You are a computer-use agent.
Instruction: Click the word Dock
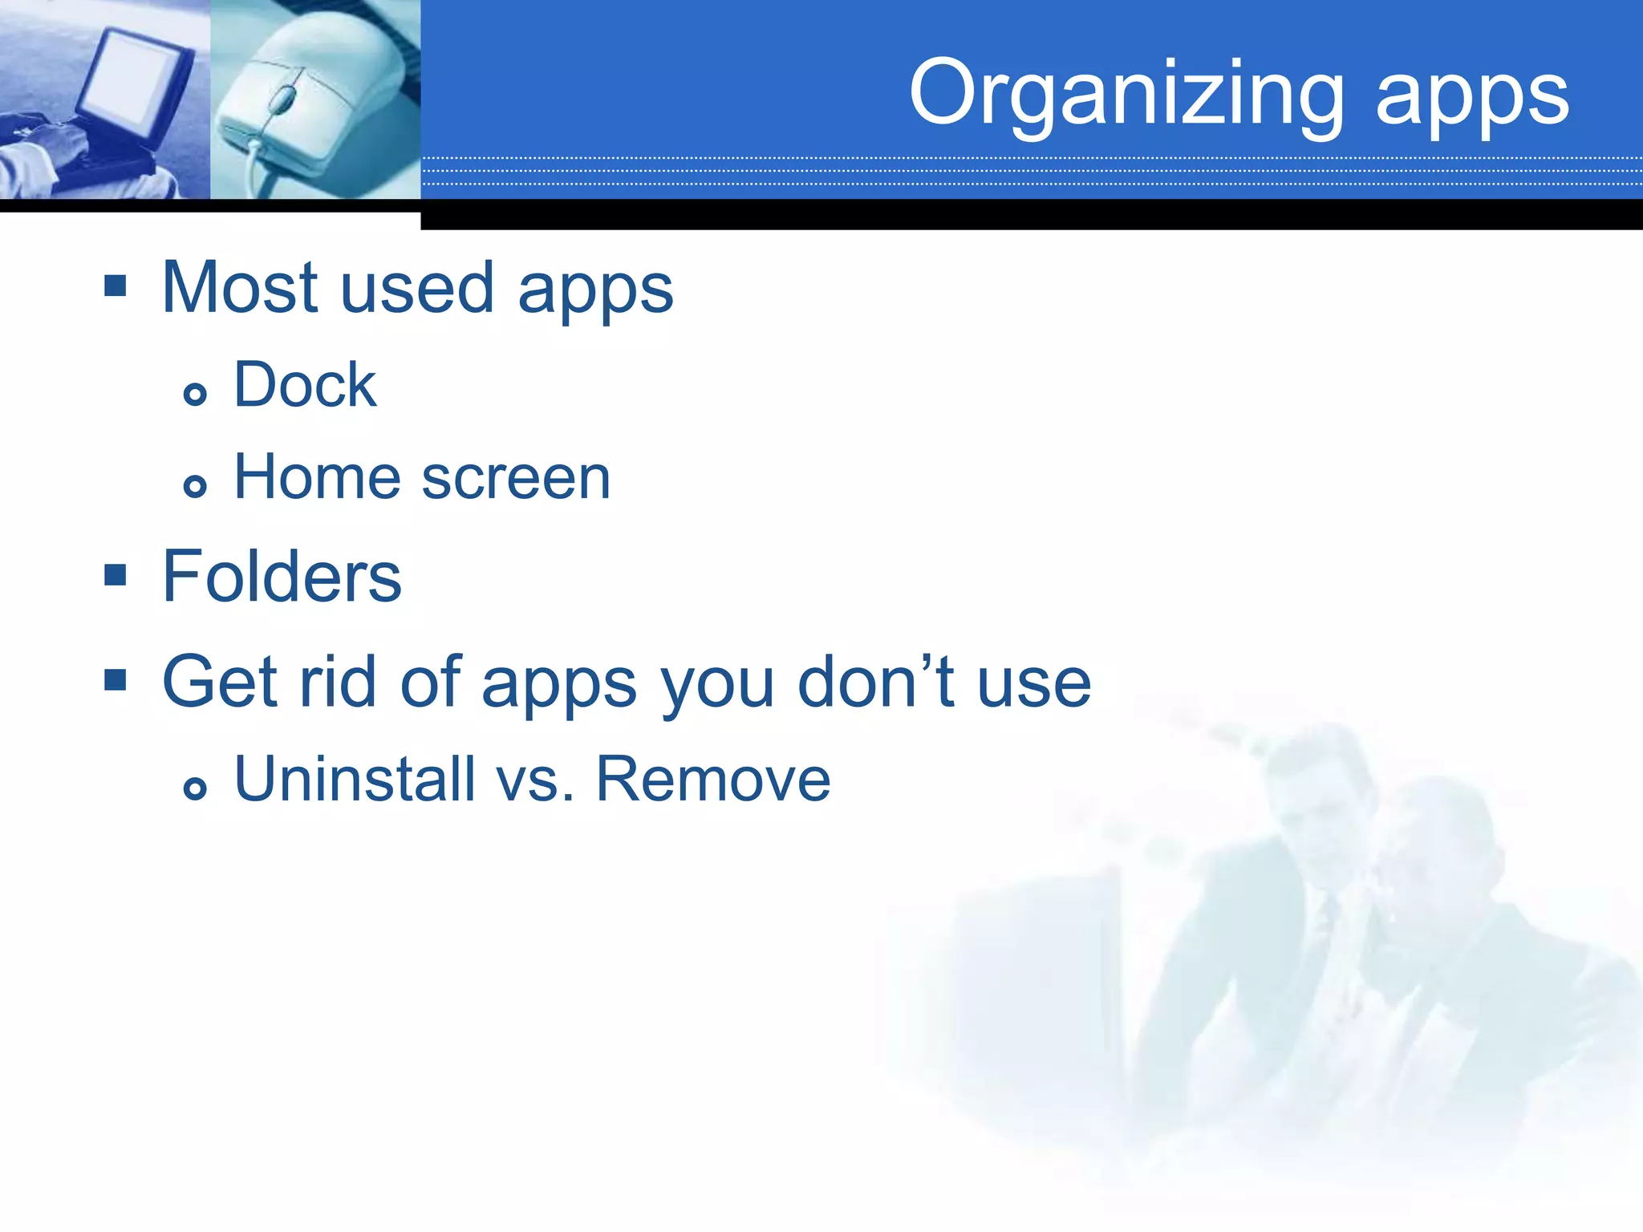coord(304,385)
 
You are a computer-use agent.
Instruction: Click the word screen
coord(516,479)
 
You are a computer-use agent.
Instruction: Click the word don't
coord(877,682)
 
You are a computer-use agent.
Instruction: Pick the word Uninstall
coord(355,779)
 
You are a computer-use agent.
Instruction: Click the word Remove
coord(712,779)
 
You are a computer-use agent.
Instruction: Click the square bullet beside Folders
coord(116,574)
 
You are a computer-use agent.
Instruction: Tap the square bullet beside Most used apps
coord(116,286)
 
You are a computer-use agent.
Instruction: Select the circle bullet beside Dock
coord(195,394)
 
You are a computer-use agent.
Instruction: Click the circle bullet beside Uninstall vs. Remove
coord(195,788)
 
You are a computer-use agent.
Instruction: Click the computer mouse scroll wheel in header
coord(282,99)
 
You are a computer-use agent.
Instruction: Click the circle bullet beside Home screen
coord(195,485)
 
